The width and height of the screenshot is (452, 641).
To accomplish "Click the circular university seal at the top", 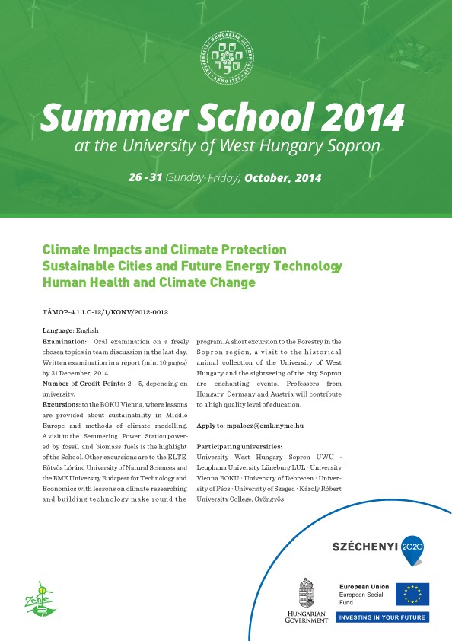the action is click(226, 59).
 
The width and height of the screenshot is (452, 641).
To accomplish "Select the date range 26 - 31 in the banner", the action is click(145, 178).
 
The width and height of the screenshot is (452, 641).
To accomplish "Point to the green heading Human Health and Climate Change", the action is click(149, 282).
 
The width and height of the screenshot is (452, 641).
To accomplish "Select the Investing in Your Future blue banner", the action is click(382, 617).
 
